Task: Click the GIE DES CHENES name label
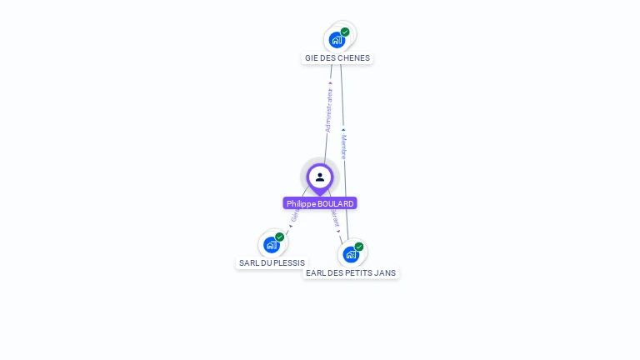tap(337, 58)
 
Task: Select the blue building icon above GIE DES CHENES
tap(337, 39)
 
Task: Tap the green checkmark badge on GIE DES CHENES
tap(345, 32)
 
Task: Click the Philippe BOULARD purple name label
tap(320, 203)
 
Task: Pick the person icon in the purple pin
tap(320, 177)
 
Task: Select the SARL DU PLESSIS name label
tap(272, 262)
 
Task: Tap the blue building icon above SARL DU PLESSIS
tap(271, 245)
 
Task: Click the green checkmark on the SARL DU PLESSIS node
tap(280, 237)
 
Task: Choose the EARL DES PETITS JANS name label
tap(351, 272)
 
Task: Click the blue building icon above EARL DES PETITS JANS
tap(351, 254)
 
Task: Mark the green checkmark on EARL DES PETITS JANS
tap(359, 247)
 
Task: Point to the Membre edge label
tap(343, 145)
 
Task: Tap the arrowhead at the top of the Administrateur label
tap(331, 83)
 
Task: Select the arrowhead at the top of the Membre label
tap(343, 129)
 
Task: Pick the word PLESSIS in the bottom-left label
tap(288, 262)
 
